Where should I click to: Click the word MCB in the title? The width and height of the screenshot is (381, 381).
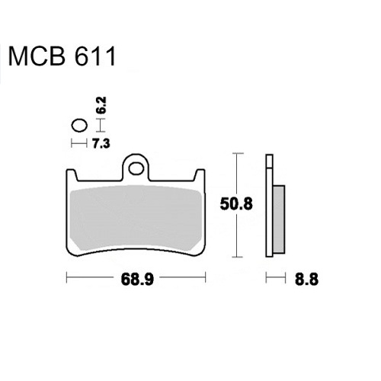tap(37, 56)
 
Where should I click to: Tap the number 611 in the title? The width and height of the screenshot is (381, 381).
tap(95, 56)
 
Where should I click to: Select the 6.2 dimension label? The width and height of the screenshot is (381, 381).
tap(101, 105)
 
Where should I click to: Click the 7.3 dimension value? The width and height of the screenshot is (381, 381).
tap(101, 144)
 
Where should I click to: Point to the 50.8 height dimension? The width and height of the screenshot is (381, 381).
tap(236, 204)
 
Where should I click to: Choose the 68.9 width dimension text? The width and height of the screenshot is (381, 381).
tap(137, 280)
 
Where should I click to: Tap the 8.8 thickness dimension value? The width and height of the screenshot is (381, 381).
tap(306, 280)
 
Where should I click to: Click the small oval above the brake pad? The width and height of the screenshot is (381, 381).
tap(79, 126)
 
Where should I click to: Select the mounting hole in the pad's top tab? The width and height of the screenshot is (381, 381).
tap(136, 169)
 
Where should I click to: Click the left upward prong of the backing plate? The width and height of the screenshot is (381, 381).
tap(72, 174)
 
